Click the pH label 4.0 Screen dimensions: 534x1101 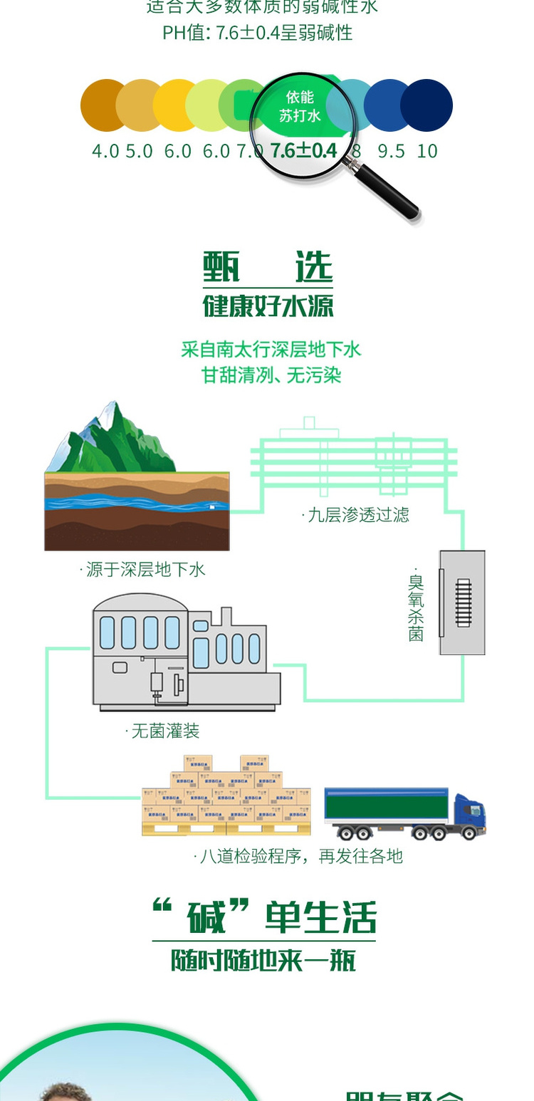[105, 151]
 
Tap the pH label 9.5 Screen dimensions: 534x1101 [391, 151]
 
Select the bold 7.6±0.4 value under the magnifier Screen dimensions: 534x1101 [303, 150]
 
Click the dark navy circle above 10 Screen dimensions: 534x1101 [427, 105]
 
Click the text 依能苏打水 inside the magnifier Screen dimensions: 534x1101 [300, 106]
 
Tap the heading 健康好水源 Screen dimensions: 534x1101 [268, 306]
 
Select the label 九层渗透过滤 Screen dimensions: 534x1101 [357, 515]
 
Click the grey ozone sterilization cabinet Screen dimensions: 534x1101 [462, 602]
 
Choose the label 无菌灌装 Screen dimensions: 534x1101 [163, 731]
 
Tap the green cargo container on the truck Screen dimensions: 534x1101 [388, 805]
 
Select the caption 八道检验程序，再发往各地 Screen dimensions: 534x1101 [299, 856]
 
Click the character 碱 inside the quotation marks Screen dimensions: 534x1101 [206, 919]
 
